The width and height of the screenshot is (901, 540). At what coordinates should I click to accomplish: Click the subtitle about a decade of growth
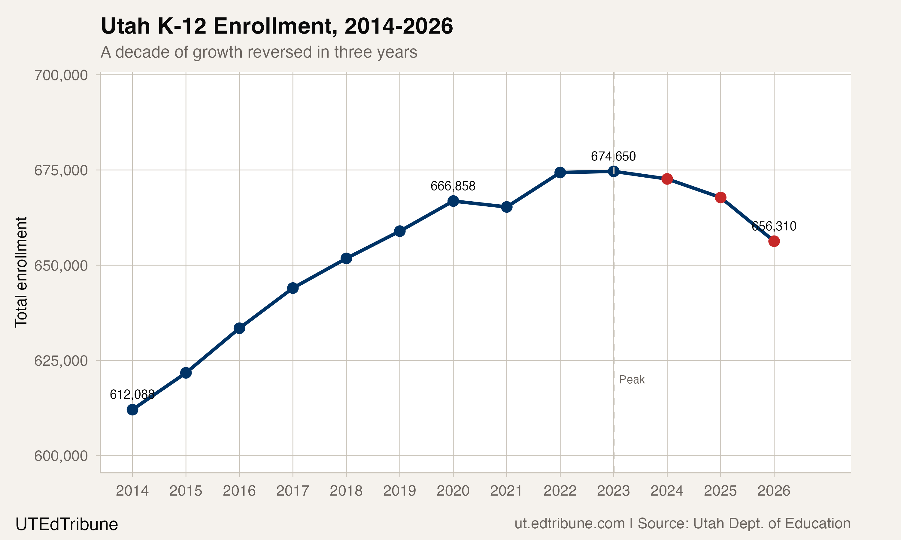click(259, 52)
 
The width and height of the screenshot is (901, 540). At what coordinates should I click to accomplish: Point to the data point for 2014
click(132, 410)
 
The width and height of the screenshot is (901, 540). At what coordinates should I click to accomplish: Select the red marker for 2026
click(774, 241)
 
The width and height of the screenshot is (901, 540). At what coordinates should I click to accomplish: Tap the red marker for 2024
click(667, 179)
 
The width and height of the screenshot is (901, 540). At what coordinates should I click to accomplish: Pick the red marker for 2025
click(720, 198)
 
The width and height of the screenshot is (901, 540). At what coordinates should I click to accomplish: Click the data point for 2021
click(507, 207)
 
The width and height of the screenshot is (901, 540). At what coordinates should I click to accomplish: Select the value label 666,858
click(453, 186)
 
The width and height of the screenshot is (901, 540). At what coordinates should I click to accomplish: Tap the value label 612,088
click(132, 394)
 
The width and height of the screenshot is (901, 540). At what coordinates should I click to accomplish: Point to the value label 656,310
click(774, 226)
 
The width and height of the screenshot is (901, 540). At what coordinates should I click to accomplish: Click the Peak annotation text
click(632, 380)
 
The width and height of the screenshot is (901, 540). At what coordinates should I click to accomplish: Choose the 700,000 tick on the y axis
click(61, 75)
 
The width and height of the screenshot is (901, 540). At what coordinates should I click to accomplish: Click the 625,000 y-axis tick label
click(61, 361)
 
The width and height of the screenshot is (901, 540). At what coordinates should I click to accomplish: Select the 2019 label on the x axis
click(399, 491)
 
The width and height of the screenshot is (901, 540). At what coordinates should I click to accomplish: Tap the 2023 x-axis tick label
click(613, 491)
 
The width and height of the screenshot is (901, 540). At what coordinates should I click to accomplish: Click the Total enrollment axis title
click(21, 272)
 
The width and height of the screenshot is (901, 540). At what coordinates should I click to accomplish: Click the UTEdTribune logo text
click(67, 524)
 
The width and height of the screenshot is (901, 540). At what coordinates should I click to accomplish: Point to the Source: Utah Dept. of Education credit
click(744, 523)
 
